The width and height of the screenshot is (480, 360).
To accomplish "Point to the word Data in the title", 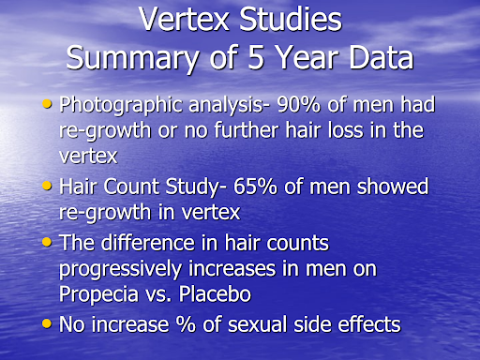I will pyautogui.click(x=375, y=58).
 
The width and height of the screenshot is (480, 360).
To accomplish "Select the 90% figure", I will pyautogui.click(x=282, y=105).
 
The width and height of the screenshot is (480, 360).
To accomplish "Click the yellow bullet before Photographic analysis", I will pyautogui.click(x=47, y=103).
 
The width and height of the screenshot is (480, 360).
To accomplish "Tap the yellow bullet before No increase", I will pyautogui.click(x=47, y=323).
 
